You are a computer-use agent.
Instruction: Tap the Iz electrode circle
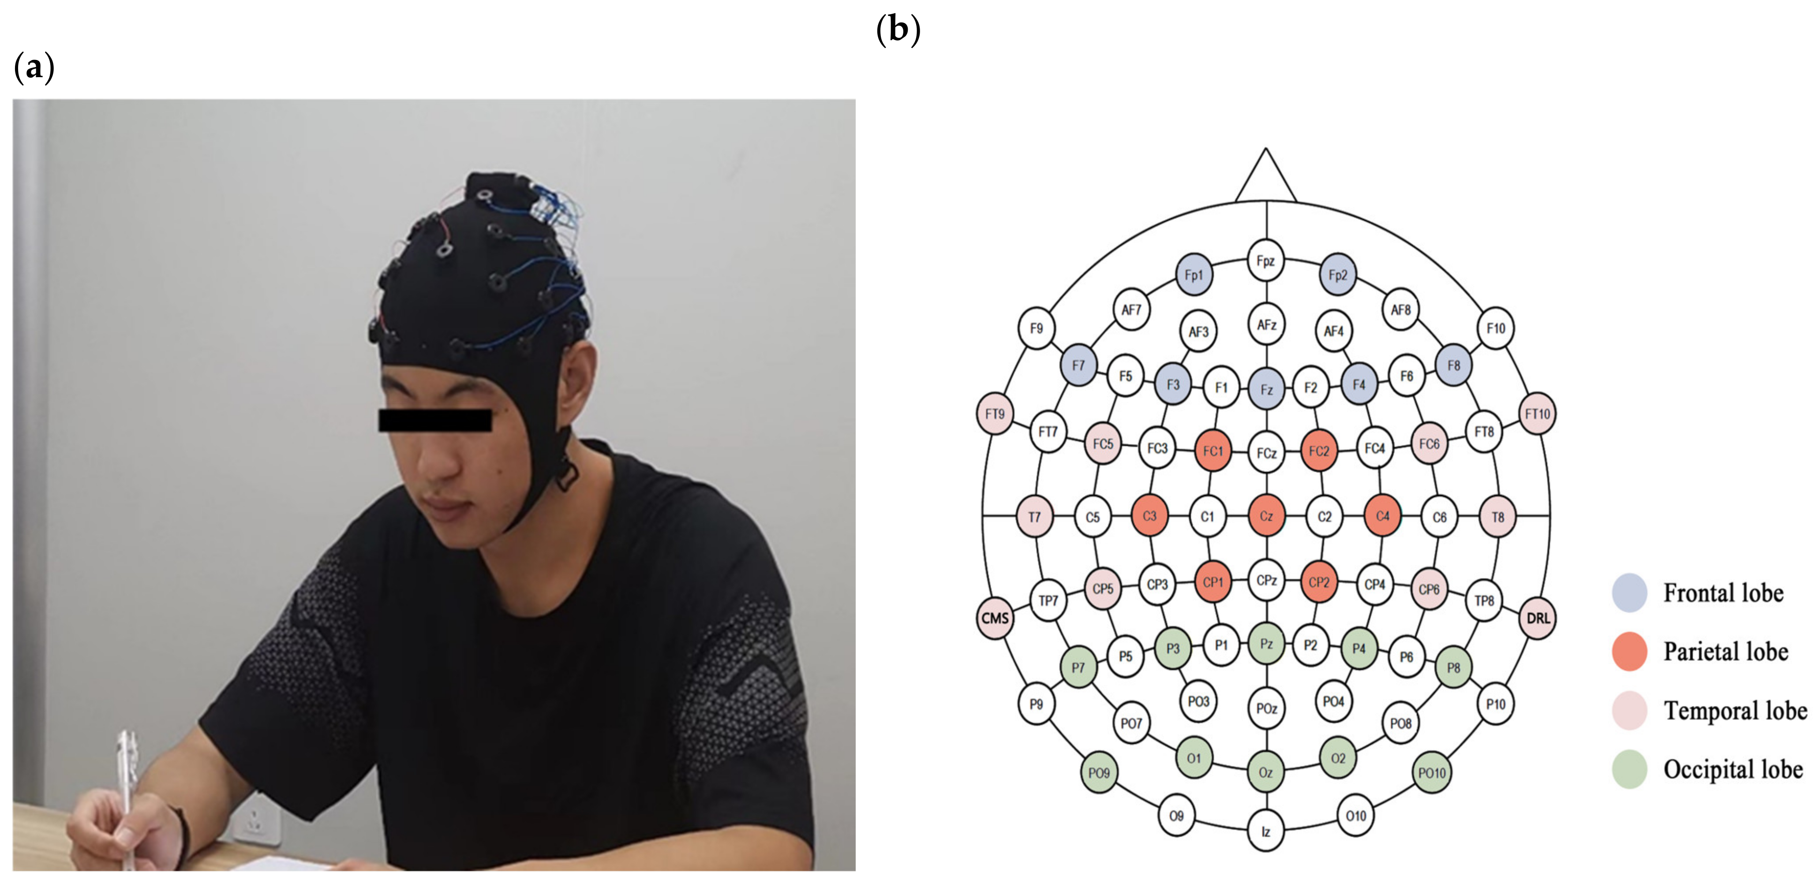(x=1265, y=832)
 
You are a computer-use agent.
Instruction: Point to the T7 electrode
(x=1034, y=517)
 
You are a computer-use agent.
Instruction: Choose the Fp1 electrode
(x=1194, y=275)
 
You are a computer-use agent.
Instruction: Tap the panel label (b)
(x=898, y=30)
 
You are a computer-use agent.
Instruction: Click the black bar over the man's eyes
(x=435, y=421)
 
